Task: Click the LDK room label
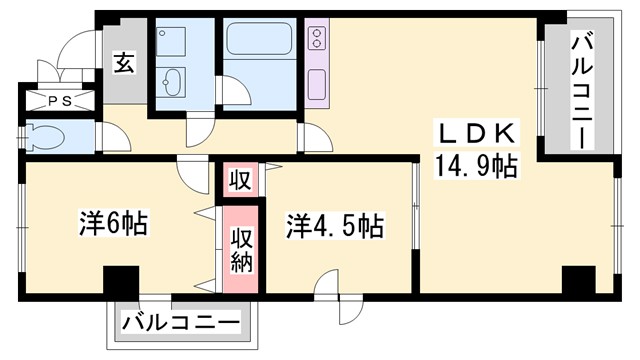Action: (474, 133)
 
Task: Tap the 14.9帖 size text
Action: (474, 165)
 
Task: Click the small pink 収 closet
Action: (240, 180)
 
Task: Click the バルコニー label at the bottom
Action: (182, 324)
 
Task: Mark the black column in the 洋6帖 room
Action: (121, 281)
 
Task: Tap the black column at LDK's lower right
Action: (578, 281)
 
